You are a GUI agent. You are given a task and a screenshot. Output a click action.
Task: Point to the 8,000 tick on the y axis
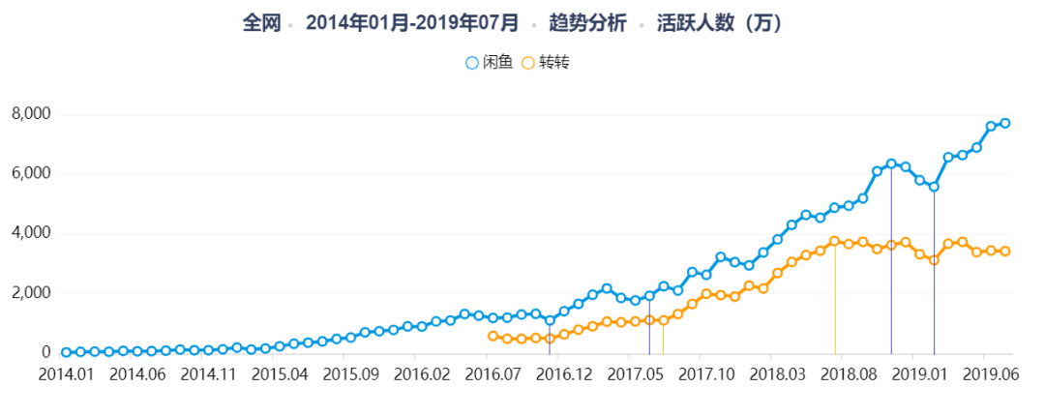[x=30, y=114]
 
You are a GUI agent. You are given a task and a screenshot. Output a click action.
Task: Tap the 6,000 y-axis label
[x=30, y=174]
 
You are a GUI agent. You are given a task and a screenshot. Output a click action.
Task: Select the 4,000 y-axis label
[x=30, y=233]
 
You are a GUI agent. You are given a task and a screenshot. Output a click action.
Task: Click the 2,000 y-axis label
[x=30, y=293]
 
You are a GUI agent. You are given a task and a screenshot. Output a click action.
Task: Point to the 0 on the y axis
[x=45, y=353]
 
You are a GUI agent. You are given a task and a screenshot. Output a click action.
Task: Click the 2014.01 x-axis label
[x=65, y=374]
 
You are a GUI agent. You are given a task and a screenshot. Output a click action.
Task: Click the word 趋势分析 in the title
[x=587, y=21]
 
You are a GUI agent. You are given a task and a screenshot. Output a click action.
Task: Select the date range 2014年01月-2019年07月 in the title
[x=411, y=21]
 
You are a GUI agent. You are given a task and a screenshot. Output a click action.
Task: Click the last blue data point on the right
[x=1005, y=123]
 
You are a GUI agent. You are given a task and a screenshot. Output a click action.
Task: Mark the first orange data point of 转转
[x=493, y=336]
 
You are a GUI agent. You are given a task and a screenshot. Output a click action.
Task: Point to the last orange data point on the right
[x=1005, y=251]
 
